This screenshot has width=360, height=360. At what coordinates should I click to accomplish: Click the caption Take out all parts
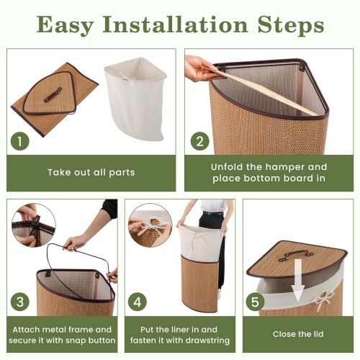[91, 173]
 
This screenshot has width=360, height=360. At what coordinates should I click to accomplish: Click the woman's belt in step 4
[213, 213]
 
